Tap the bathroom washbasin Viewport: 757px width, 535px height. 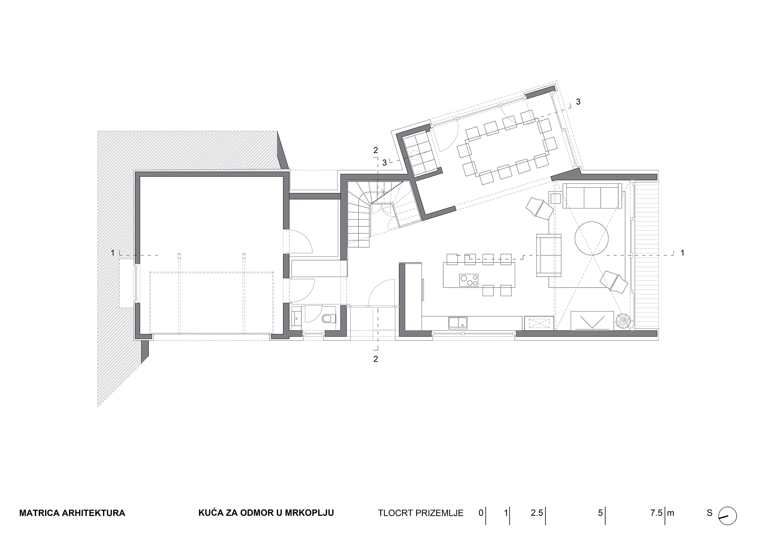(297, 318)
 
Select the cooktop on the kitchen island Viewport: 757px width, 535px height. (468, 280)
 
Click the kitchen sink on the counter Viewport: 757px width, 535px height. (458, 322)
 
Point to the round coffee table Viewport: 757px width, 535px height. (591, 238)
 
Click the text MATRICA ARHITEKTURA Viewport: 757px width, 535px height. (72, 513)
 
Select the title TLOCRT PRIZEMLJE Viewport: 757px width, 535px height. (421, 513)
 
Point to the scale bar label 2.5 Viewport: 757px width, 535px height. (537, 513)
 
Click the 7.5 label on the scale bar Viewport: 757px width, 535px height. (656, 513)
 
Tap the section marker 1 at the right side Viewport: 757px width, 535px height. (682, 253)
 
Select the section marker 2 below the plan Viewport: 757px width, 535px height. (376, 359)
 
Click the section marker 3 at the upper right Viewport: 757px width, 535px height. (578, 102)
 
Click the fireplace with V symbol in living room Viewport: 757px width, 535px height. (592, 321)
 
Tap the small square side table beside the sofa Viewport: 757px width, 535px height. (556, 198)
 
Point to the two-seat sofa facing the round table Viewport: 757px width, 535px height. (549, 255)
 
